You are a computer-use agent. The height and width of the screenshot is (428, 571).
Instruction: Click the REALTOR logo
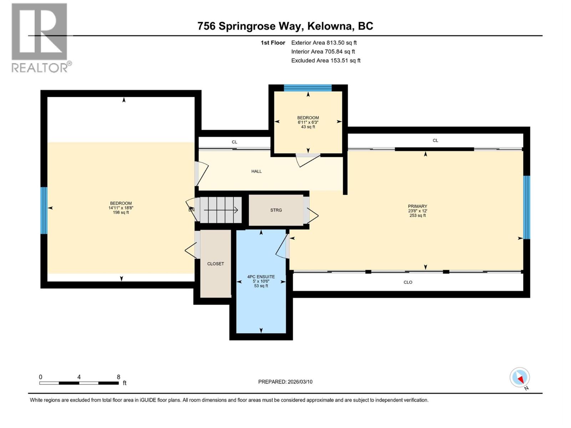click(39, 37)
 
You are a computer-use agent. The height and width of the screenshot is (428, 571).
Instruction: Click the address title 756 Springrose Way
click(285, 26)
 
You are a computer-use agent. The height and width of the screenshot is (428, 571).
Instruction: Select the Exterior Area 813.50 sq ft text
click(324, 43)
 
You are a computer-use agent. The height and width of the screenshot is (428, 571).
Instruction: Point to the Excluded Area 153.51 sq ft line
click(325, 61)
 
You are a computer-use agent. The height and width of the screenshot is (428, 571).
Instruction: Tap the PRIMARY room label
click(417, 206)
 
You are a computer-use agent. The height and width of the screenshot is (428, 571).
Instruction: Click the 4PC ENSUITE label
click(261, 276)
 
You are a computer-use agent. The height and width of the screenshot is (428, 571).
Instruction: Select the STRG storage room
click(276, 210)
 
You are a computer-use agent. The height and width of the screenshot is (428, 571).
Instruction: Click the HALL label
click(256, 171)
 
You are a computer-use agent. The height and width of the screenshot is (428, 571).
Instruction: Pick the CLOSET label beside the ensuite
click(216, 264)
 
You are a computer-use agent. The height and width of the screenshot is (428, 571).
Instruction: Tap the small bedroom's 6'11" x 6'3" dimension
click(308, 122)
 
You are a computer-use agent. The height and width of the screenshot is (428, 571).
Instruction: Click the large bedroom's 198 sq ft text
click(121, 213)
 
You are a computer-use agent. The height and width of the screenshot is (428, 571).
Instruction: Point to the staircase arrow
click(221, 210)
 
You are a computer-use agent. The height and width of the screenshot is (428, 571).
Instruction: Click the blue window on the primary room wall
click(526, 207)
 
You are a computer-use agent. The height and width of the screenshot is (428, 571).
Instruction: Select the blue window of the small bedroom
click(308, 88)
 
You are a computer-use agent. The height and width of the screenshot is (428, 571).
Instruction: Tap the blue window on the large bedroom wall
click(44, 210)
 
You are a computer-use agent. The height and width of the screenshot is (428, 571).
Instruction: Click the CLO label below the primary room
click(408, 282)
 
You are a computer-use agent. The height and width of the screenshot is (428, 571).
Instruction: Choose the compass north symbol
click(520, 377)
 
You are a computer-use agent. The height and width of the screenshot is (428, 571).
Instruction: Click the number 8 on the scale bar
click(118, 377)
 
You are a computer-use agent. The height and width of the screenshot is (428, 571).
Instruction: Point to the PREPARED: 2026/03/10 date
click(285, 382)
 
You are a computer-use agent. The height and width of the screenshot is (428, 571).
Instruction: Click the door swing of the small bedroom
click(308, 160)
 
